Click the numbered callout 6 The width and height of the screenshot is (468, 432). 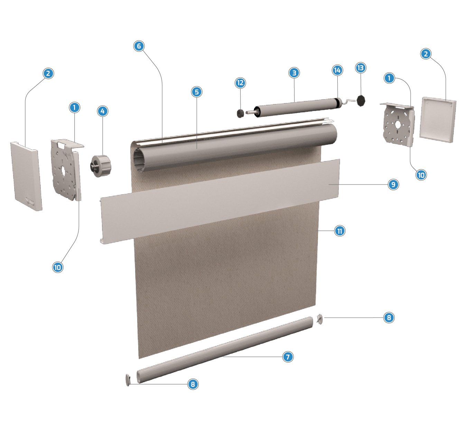point(139,46)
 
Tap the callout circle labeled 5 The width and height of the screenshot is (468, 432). point(197,92)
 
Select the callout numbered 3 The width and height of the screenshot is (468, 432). point(294,73)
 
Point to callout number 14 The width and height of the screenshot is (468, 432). point(337,70)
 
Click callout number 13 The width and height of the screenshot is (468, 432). point(361,68)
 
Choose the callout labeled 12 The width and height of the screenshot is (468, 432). point(240,83)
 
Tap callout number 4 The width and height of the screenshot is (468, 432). point(103,111)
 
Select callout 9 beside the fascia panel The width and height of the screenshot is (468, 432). point(393,184)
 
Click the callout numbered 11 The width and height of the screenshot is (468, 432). point(339,231)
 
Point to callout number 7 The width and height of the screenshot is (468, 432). point(288,357)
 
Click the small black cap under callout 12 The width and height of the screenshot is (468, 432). point(240,113)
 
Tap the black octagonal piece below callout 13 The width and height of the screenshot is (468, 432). point(361,101)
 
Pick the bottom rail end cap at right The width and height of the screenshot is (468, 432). point(320,319)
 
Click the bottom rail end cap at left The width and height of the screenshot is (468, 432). point(128,380)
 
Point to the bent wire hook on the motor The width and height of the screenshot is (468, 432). point(348,101)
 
